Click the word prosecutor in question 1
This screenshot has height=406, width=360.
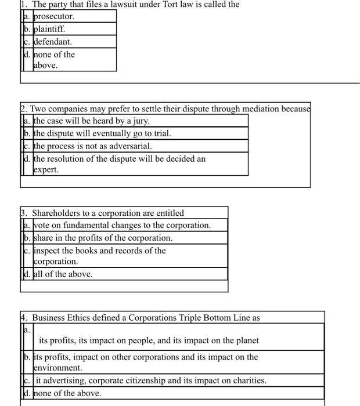pos(53,16)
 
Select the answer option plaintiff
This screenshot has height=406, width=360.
pos(49,29)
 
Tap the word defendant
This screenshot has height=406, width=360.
pos(53,42)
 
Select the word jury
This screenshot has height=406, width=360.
pos(141,121)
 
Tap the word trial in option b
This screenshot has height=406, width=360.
pos(161,133)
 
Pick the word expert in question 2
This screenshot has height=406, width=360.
pos(46,170)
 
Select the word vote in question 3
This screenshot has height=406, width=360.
pos(42,225)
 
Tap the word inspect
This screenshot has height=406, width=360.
pos(49,251)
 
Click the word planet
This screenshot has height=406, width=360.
pos(246,340)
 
